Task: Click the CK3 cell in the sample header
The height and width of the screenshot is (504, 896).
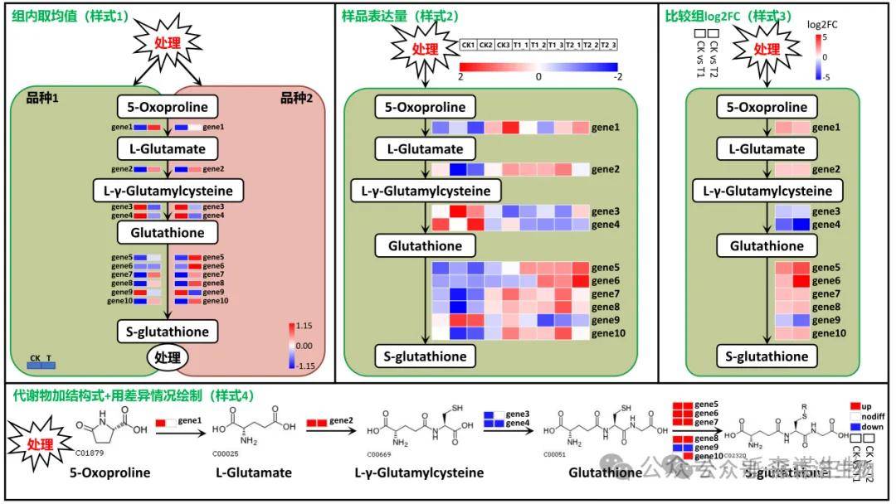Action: (x=503, y=45)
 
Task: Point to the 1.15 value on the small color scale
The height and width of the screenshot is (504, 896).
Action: (x=304, y=326)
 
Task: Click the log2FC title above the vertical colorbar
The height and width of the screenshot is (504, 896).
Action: (x=822, y=24)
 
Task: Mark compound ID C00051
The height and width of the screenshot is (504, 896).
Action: (x=554, y=454)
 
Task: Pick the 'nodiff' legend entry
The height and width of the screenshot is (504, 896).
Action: (x=869, y=416)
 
